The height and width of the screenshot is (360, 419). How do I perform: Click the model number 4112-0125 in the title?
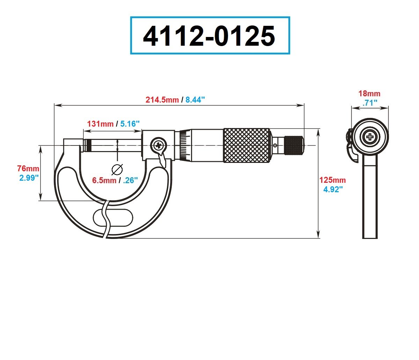pyautogui.click(x=209, y=36)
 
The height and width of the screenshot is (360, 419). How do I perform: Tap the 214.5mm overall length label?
pyautogui.click(x=162, y=100)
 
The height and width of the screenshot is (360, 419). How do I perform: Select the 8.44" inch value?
pyautogui.click(x=195, y=100)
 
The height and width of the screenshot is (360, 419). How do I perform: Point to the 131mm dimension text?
pyautogui.click(x=100, y=124)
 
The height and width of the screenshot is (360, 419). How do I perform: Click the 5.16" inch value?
pyautogui.click(x=130, y=124)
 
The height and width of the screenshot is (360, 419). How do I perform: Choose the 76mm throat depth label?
pyautogui.click(x=28, y=168)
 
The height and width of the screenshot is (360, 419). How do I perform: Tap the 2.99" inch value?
pyautogui.click(x=29, y=178)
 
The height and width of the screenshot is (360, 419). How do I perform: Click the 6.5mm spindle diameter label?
pyautogui.click(x=104, y=180)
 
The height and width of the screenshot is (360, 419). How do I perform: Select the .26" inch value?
pyautogui.click(x=130, y=180)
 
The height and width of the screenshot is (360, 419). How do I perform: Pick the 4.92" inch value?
pyautogui.click(x=333, y=189)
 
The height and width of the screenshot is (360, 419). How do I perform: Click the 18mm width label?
pyautogui.click(x=369, y=93)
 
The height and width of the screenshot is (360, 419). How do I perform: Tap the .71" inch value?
pyautogui.click(x=370, y=103)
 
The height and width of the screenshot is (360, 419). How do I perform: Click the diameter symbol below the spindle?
pyautogui.click(x=117, y=170)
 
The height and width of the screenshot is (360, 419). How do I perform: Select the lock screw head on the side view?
pyautogui.click(x=158, y=145)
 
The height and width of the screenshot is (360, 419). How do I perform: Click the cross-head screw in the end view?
pyautogui.click(x=370, y=137)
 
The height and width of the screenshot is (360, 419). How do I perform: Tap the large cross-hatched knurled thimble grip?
pyautogui.click(x=247, y=145)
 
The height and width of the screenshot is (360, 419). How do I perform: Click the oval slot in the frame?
pyautogui.click(x=113, y=218)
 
